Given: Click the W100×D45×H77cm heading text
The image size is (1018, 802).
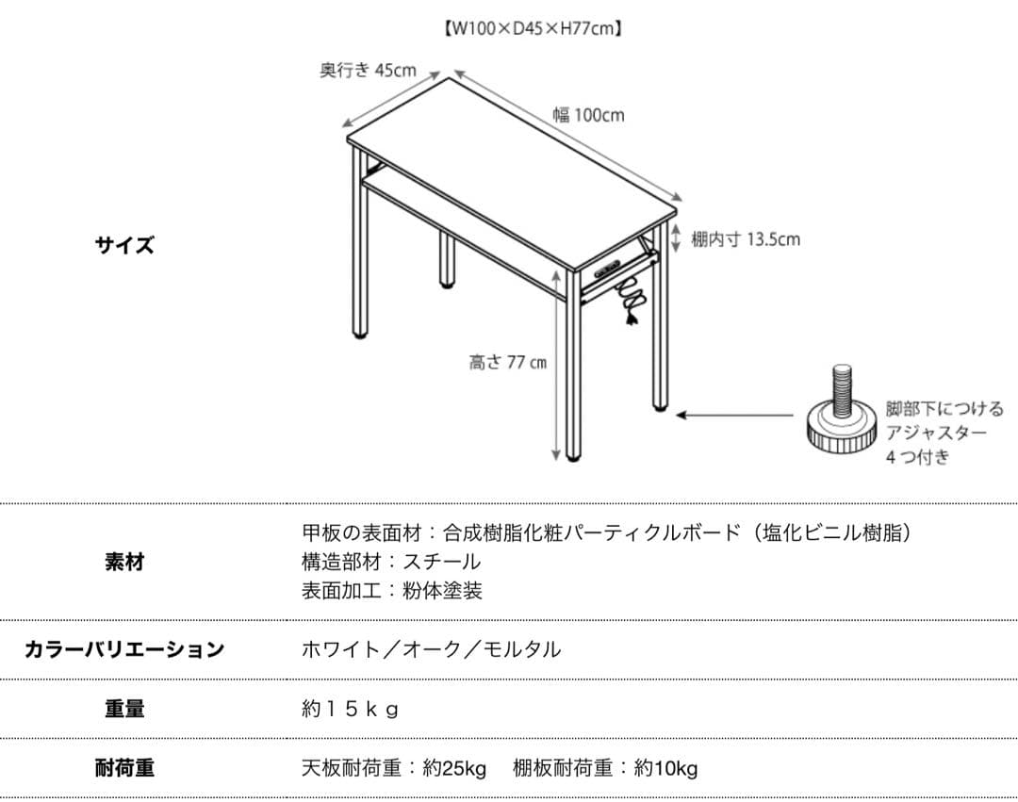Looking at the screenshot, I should coord(532,28).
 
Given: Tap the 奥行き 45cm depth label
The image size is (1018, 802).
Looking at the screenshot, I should coord(367,71).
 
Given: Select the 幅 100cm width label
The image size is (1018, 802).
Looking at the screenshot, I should coord(587,115).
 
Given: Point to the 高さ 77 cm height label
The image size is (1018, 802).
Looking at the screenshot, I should coord(507,362).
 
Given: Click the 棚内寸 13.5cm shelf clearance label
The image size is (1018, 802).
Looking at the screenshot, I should coord(745,239).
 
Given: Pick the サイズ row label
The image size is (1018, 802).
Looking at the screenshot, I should coord(123,246).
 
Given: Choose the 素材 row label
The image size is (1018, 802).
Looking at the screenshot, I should coord(123,563).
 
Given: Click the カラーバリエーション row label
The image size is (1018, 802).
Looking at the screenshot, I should coord(123,649).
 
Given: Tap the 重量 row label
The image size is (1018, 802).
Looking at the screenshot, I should coord(123,709).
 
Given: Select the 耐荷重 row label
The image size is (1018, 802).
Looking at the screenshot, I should coord(123,768).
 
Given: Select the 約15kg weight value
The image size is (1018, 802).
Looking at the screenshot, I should coord(350,709).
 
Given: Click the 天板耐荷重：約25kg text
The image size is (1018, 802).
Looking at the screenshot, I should coord(394,768).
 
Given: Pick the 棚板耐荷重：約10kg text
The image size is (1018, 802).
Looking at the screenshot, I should coord(605,768).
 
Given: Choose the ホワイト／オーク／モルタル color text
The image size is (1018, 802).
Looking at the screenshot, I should coord(431,649).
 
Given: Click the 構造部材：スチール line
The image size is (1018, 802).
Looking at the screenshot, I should coord(390,562).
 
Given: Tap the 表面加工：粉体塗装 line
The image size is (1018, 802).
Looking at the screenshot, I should coord(391,591).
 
